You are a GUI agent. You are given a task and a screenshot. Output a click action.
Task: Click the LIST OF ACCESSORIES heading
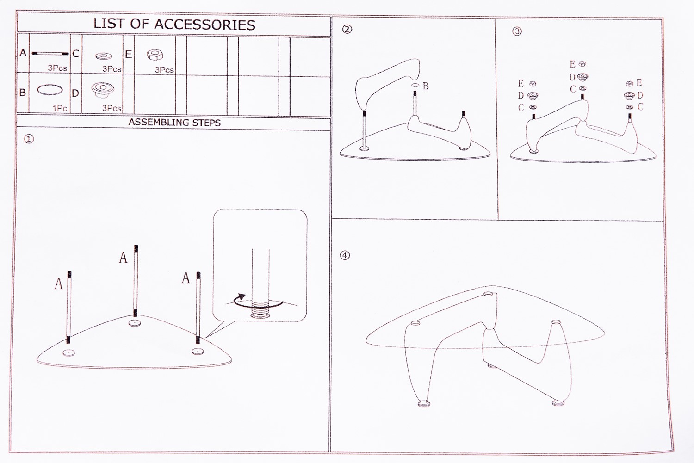click(x=174, y=24)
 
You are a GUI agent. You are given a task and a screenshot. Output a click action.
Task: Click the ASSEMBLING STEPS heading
click(x=174, y=122)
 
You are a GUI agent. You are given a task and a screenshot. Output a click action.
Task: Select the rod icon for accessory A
click(x=50, y=54)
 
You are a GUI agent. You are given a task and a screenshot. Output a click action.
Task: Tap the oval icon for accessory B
click(x=50, y=90)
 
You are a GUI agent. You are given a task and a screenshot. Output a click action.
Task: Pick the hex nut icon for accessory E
click(x=155, y=55)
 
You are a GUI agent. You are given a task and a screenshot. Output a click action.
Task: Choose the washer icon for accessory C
click(x=104, y=56)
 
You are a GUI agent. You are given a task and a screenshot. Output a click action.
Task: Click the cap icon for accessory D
click(x=103, y=90)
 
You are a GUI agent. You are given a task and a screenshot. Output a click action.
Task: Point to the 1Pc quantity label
click(x=60, y=108)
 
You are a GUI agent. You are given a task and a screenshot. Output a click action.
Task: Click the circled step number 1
click(x=29, y=139)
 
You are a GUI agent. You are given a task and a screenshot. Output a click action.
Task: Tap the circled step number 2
click(x=347, y=30)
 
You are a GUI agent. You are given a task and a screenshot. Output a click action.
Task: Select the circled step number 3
click(x=517, y=31)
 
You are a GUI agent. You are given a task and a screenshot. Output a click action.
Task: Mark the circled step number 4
click(x=345, y=255)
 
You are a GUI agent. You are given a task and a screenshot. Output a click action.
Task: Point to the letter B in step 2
click(x=426, y=86)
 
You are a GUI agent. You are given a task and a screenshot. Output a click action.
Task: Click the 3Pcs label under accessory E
click(x=164, y=70)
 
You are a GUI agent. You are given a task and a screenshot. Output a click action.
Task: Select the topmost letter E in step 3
click(x=572, y=64)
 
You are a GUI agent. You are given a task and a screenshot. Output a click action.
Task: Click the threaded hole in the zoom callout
click(x=260, y=316)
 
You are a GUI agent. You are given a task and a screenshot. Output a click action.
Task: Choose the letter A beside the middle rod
click(x=123, y=257)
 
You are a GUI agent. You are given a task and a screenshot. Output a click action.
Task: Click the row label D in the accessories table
click(x=75, y=93)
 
